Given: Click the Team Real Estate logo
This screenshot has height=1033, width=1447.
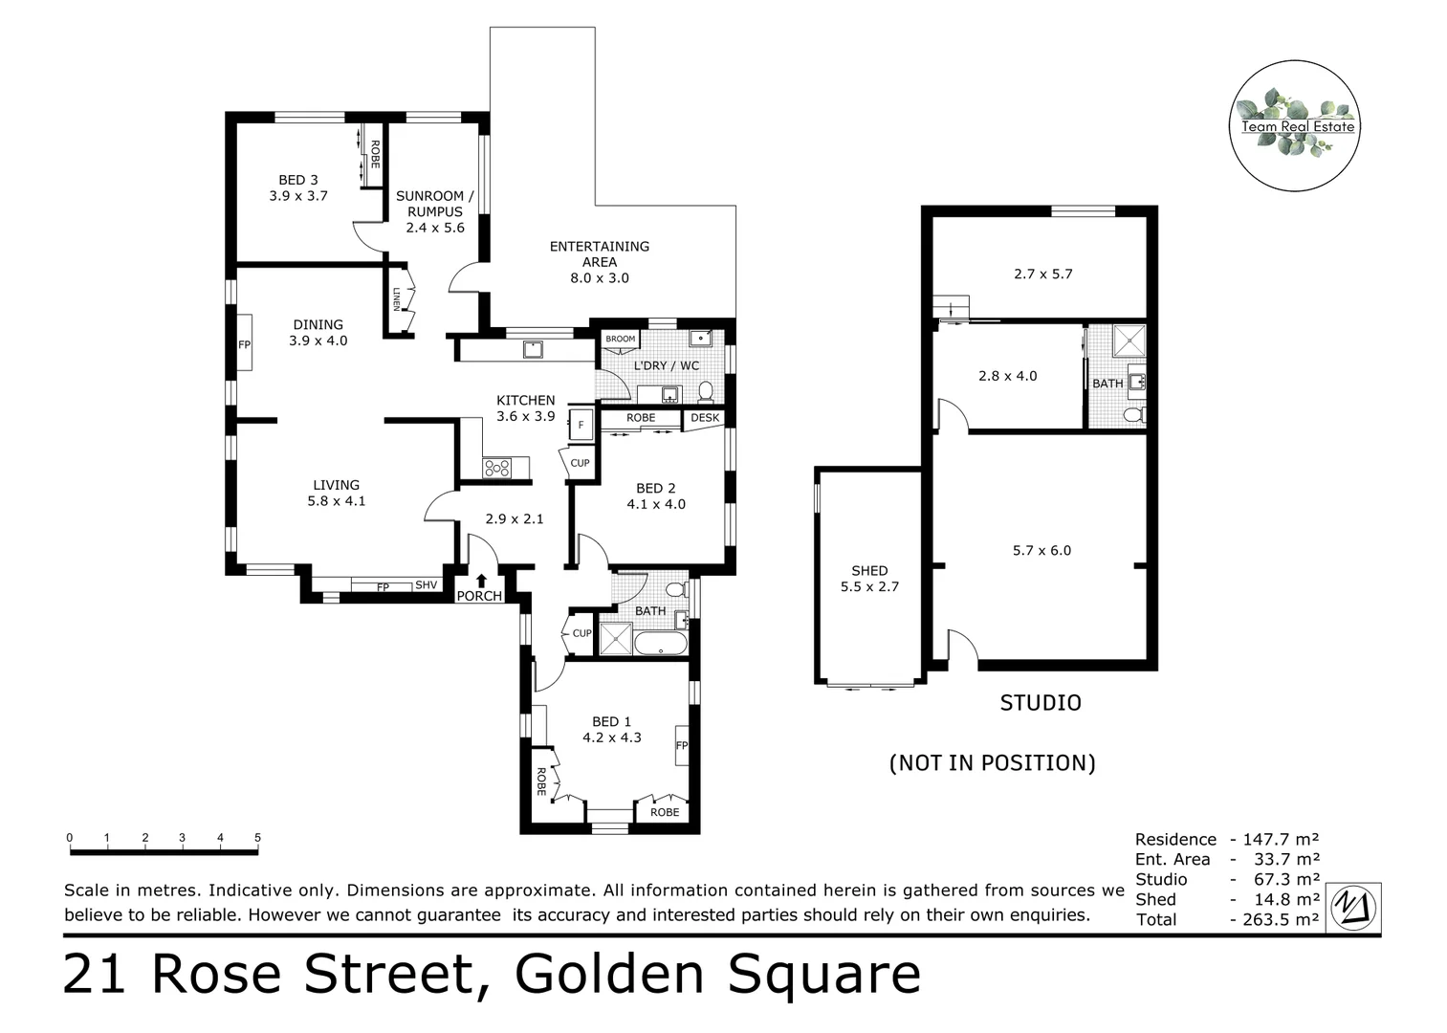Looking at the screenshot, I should click(1296, 126).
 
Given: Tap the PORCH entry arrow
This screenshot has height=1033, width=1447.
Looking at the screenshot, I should click(481, 580).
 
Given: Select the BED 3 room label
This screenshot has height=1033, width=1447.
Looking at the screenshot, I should click(298, 180).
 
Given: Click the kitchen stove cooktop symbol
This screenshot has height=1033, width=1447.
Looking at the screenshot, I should click(496, 468).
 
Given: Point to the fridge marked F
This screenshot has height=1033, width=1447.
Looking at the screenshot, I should click(581, 424).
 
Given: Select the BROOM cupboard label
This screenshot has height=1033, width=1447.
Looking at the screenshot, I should click(620, 339).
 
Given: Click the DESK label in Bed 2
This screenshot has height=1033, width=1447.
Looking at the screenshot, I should click(705, 418).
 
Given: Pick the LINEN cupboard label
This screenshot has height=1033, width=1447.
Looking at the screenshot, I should click(396, 299).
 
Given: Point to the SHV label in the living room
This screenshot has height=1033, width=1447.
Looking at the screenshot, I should click(426, 585).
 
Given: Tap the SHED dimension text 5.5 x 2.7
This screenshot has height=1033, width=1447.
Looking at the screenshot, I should click(869, 587).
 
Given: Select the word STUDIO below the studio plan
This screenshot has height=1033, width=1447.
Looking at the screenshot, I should click(1041, 703).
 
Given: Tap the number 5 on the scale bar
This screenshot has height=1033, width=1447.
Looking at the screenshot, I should click(257, 838).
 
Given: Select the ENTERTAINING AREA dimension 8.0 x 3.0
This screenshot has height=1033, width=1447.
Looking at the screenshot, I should click(600, 278).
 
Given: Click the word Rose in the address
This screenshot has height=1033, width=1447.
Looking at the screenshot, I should click(216, 974).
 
